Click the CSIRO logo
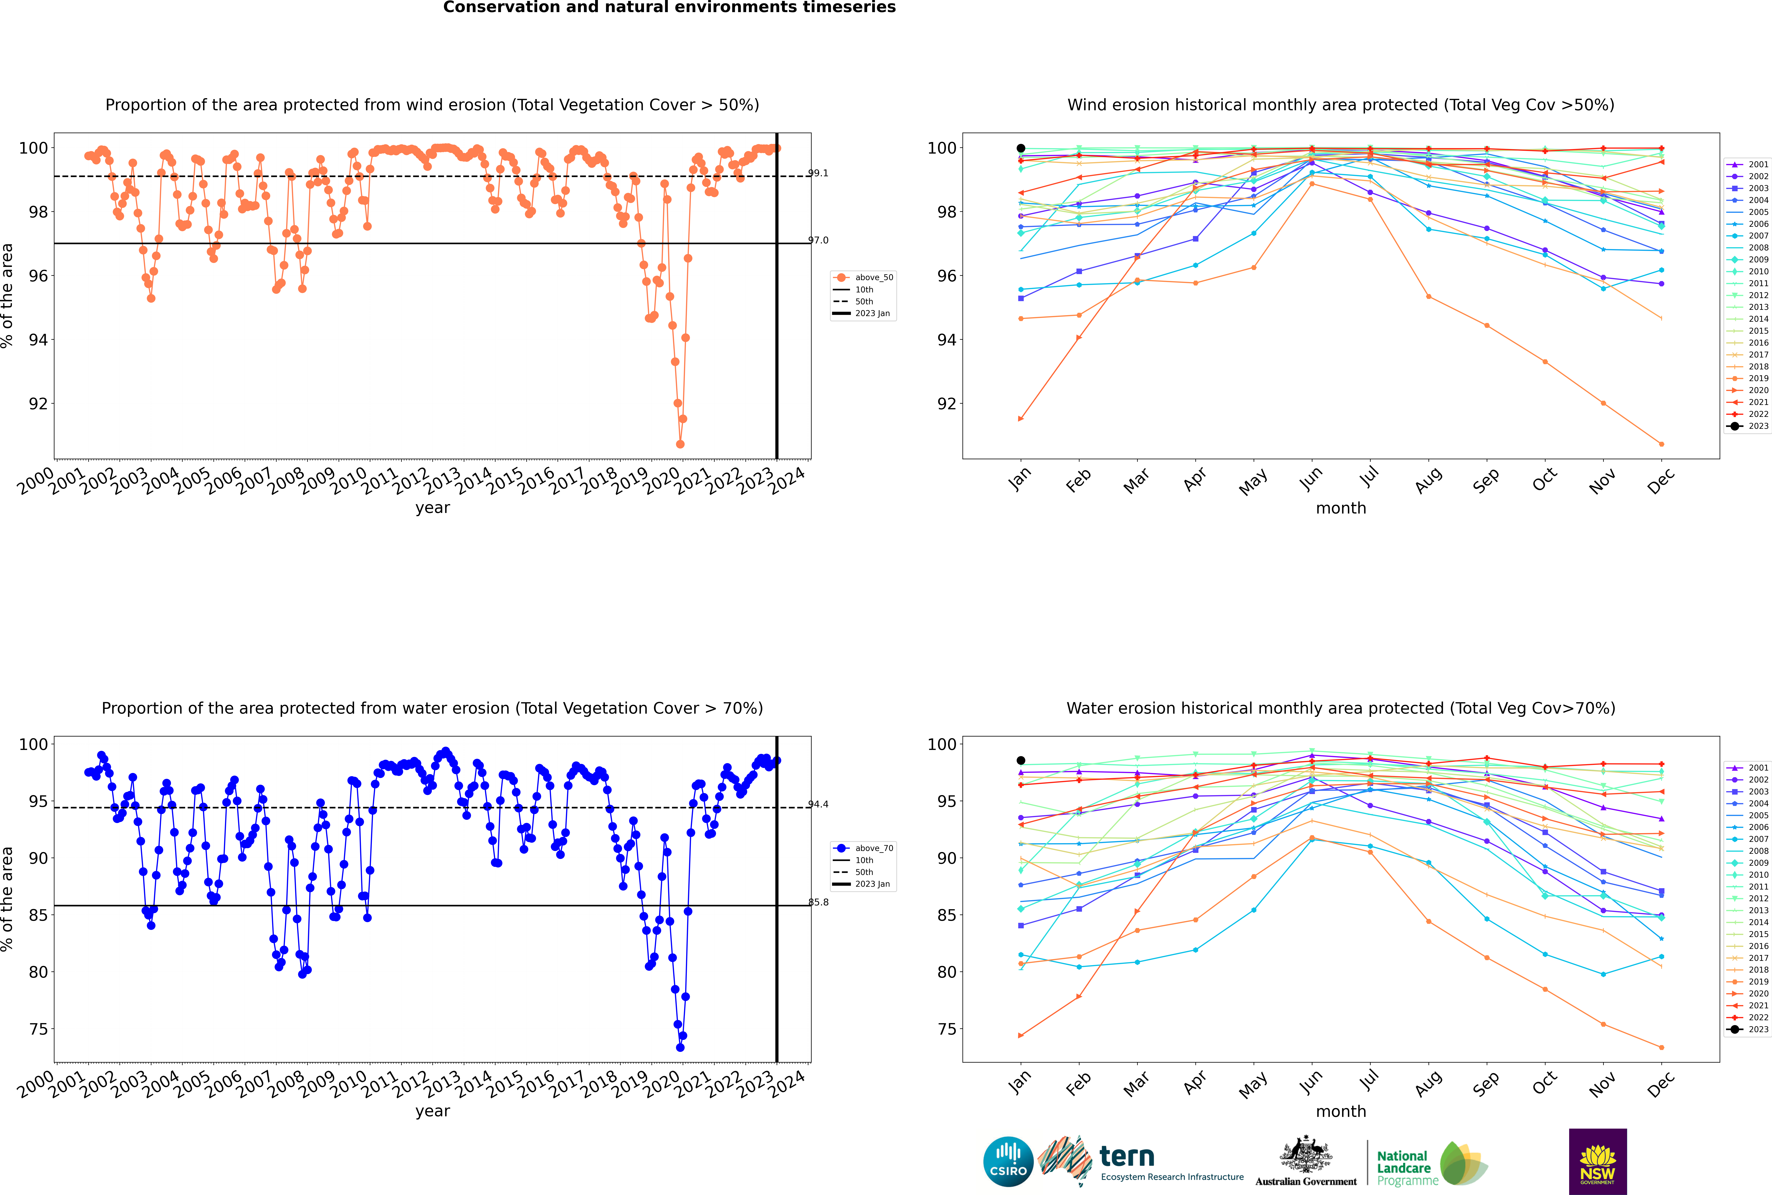tap(1008, 1162)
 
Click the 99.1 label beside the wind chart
tap(818, 173)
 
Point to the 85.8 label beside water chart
tap(818, 902)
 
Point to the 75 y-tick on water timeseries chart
tap(38, 1029)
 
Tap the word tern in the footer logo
tap(1127, 1157)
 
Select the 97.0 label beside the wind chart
tap(818, 240)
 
